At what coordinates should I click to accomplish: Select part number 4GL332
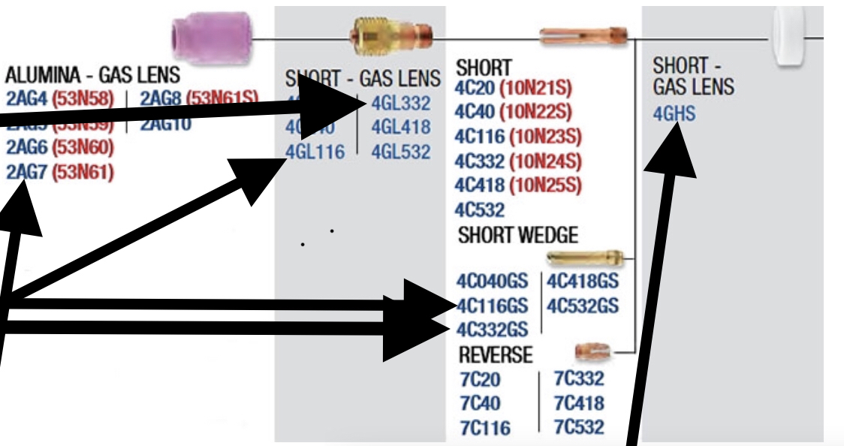pos(401,103)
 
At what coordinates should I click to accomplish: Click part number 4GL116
pos(315,152)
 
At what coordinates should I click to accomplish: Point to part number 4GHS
pos(674,115)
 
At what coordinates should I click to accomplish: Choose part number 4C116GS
pos(493,306)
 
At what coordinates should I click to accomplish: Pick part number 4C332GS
pos(493,329)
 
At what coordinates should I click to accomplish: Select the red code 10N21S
pos(541,89)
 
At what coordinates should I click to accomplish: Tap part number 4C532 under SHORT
pos(479,209)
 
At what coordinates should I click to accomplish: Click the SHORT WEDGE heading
pos(518,235)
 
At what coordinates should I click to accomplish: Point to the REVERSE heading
pos(495,354)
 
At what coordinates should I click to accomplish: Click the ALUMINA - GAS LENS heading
pos(92,75)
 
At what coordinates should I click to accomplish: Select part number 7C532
pos(578,427)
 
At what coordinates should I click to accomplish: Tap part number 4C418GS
pos(582,282)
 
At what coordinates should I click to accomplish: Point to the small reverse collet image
pos(593,350)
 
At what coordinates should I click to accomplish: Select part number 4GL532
pos(401,152)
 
